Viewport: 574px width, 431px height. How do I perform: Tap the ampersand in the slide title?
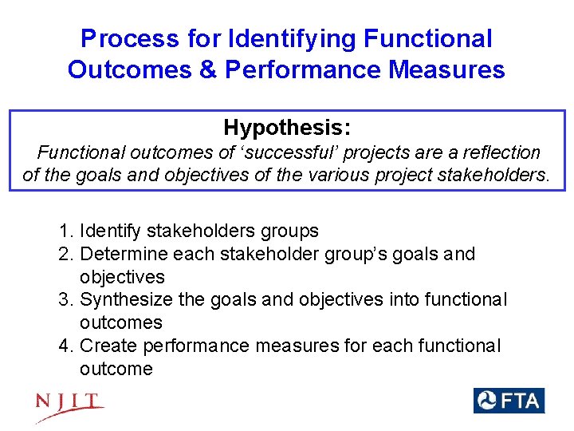coord(207,69)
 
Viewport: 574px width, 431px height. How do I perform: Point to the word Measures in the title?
coord(446,69)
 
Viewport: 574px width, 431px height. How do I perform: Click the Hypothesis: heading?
coord(287,128)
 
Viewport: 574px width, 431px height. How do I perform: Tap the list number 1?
coord(65,231)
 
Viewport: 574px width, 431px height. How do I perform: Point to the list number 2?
coord(65,255)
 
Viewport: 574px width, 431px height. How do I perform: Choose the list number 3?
coord(65,300)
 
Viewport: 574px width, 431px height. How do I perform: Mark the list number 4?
coord(65,346)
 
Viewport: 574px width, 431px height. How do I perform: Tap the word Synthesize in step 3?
coord(124,300)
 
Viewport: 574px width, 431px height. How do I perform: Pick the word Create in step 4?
coord(107,346)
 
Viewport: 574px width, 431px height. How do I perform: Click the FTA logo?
coord(509,400)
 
